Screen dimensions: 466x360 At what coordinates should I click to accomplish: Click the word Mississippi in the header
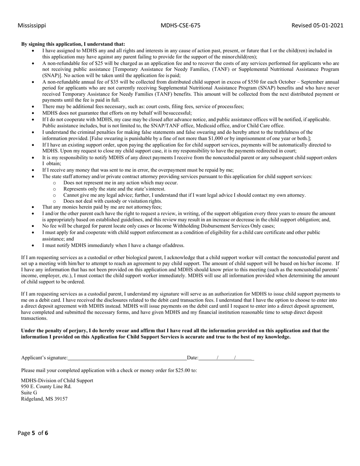pos(32,25)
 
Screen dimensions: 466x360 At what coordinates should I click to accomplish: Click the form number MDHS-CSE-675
pos(180,25)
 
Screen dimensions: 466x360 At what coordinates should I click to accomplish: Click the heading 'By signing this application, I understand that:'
pos(73,44)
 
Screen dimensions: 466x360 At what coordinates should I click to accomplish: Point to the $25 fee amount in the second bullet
pos(100,63)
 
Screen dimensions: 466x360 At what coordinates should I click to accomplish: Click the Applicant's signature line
pos(127,357)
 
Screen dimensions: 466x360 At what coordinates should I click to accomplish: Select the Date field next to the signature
pos(226,357)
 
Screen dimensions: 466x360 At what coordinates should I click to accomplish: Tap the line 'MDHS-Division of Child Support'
pos(57,380)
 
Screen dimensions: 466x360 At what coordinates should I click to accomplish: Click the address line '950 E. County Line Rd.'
pos(46,386)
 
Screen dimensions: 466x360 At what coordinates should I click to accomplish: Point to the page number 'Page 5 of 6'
pos(33,433)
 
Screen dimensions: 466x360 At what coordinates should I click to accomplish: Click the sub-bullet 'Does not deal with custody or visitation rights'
pos(113,201)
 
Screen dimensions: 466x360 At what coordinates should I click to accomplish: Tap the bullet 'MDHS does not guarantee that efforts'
pos(117,113)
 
